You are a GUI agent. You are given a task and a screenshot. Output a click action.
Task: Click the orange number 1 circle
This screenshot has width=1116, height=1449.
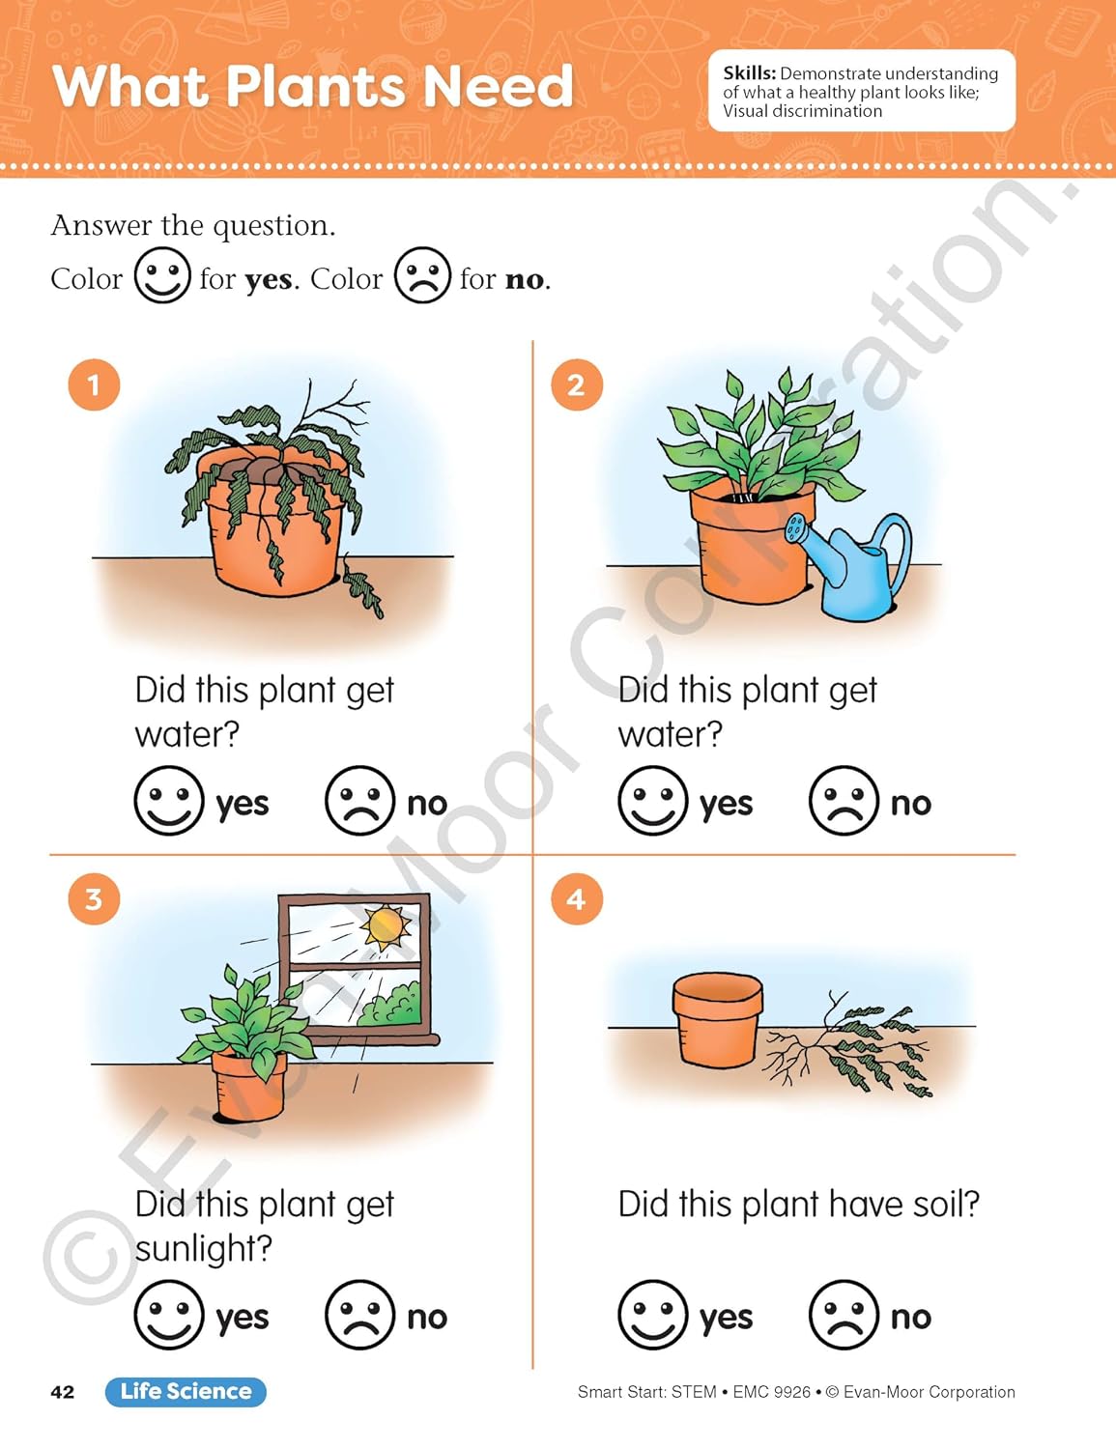point(94,384)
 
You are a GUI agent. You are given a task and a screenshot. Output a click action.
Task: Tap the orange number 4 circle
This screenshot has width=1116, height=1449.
point(577,899)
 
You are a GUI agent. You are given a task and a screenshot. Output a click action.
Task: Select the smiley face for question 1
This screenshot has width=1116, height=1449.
point(169,800)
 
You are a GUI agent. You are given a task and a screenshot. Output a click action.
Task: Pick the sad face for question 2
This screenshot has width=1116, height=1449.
point(844,800)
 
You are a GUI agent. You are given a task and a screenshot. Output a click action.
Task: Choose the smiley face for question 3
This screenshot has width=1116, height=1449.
point(169,1315)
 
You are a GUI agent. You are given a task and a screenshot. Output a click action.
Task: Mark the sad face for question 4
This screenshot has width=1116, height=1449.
point(844,1315)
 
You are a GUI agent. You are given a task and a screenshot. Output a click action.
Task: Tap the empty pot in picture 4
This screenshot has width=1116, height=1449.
point(717,1020)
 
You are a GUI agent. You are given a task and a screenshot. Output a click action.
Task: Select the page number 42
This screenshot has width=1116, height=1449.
point(63,1392)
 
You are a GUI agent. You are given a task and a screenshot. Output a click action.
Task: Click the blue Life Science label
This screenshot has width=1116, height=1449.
point(186,1392)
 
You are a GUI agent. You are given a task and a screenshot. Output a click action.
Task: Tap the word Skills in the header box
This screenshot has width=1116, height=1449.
point(750,73)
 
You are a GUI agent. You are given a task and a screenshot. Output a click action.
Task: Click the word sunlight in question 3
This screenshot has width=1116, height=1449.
point(203,1248)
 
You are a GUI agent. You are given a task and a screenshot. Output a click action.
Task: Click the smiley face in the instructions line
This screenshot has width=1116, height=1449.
point(162,275)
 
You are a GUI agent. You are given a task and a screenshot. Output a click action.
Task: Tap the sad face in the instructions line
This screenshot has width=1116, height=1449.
point(422,275)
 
